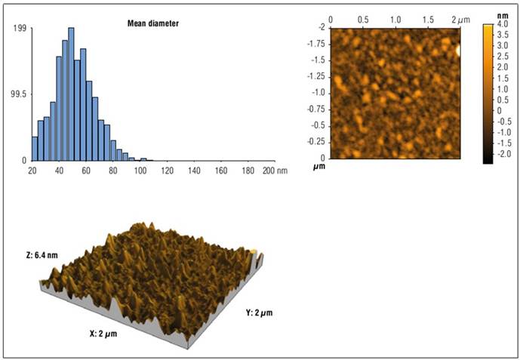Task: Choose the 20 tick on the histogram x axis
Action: pyautogui.click(x=32, y=171)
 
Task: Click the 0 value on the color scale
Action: pyautogui.click(x=499, y=110)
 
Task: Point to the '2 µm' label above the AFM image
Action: pyautogui.click(x=460, y=17)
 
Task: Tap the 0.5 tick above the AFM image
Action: pyautogui.click(x=363, y=17)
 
